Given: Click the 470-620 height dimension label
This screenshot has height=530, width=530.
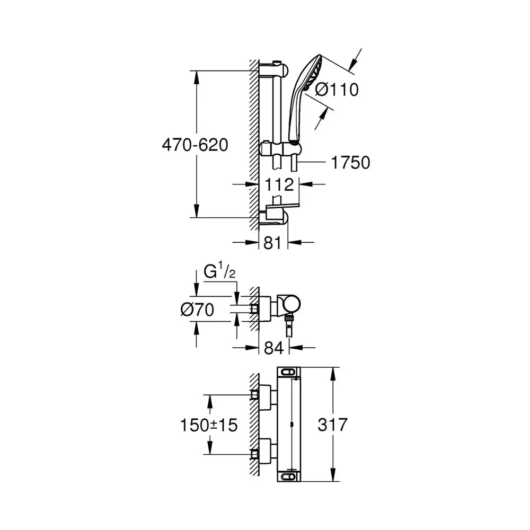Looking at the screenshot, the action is point(195,145).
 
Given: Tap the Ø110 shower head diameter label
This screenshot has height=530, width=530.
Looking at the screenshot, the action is point(337,90).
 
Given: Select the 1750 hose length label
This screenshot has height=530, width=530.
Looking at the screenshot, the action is point(350,163).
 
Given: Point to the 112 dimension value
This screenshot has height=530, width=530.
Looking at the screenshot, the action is point(279,185).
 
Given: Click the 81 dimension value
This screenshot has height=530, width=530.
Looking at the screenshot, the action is point(272,243).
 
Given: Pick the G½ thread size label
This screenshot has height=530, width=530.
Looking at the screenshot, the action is point(219,272).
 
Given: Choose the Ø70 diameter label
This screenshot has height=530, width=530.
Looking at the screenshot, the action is point(197,310).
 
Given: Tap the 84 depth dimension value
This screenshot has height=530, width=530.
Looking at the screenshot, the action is point(274,348).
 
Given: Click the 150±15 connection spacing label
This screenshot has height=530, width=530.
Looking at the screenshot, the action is point(209,425).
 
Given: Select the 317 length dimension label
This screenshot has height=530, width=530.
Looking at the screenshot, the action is point(333,425).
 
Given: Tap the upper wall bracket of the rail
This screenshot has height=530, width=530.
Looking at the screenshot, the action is point(274,69).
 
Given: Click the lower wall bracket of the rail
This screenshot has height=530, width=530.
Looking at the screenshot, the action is point(276,217).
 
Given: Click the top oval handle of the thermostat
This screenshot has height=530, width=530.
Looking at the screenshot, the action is point(288,373).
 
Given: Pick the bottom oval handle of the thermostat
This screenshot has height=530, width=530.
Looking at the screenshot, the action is point(288,476).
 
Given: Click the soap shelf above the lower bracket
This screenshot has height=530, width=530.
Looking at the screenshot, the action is point(282,205).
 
